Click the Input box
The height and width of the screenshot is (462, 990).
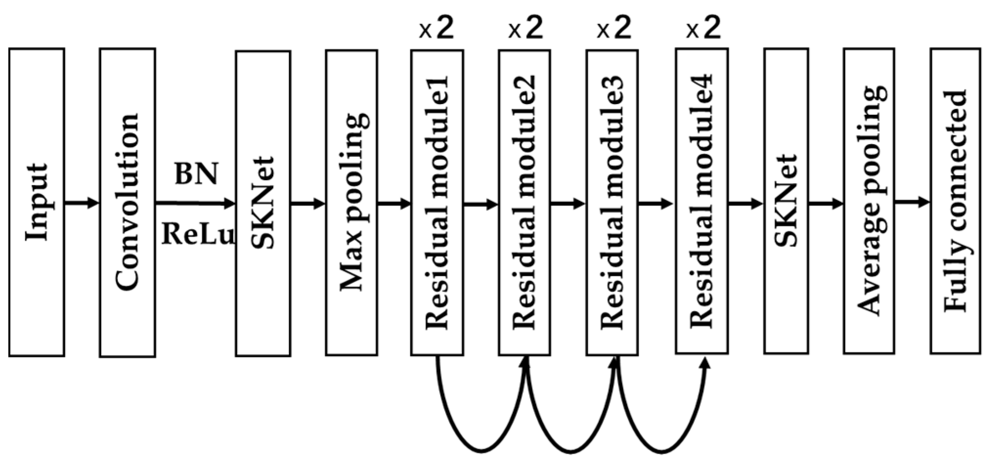click(x=37, y=202)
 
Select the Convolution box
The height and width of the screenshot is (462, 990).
click(x=128, y=202)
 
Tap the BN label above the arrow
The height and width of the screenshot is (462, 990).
click(x=196, y=174)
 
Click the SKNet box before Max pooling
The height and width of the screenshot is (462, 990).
click(x=263, y=203)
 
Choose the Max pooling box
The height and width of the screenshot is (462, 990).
click(x=351, y=202)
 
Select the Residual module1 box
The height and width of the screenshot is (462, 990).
click(x=437, y=202)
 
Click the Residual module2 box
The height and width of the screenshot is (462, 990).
click(x=524, y=202)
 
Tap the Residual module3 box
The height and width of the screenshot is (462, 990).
click(x=612, y=202)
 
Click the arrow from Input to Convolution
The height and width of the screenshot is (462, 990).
click(x=82, y=202)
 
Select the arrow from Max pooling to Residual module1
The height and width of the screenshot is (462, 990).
click(x=394, y=203)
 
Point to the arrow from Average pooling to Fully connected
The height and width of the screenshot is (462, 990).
click(x=912, y=201)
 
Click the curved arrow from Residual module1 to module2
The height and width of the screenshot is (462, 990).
click(x=481, y=448)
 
